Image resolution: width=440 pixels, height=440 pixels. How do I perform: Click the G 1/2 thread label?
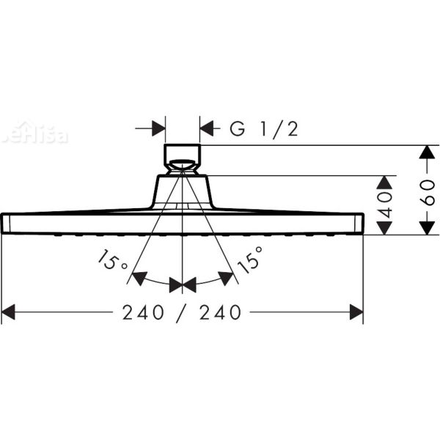pyautogui.click(x=263, y=129)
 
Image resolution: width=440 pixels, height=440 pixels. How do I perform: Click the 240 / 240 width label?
pyautogui.click(x=182, y=312)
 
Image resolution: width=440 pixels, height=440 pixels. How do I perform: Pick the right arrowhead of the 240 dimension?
pyautogui.click(x=357, y=313)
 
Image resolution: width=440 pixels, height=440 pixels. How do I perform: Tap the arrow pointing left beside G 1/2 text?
pyautogui.click(x=207, y=129)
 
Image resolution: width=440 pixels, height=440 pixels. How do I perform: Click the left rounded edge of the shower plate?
pyautogui.click(x=4, y=224)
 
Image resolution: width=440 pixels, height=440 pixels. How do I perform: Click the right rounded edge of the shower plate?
pyautogui.click(x=361, y=224)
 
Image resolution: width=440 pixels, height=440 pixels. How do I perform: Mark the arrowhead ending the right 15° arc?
pyautogui.click(x=228, y=278)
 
